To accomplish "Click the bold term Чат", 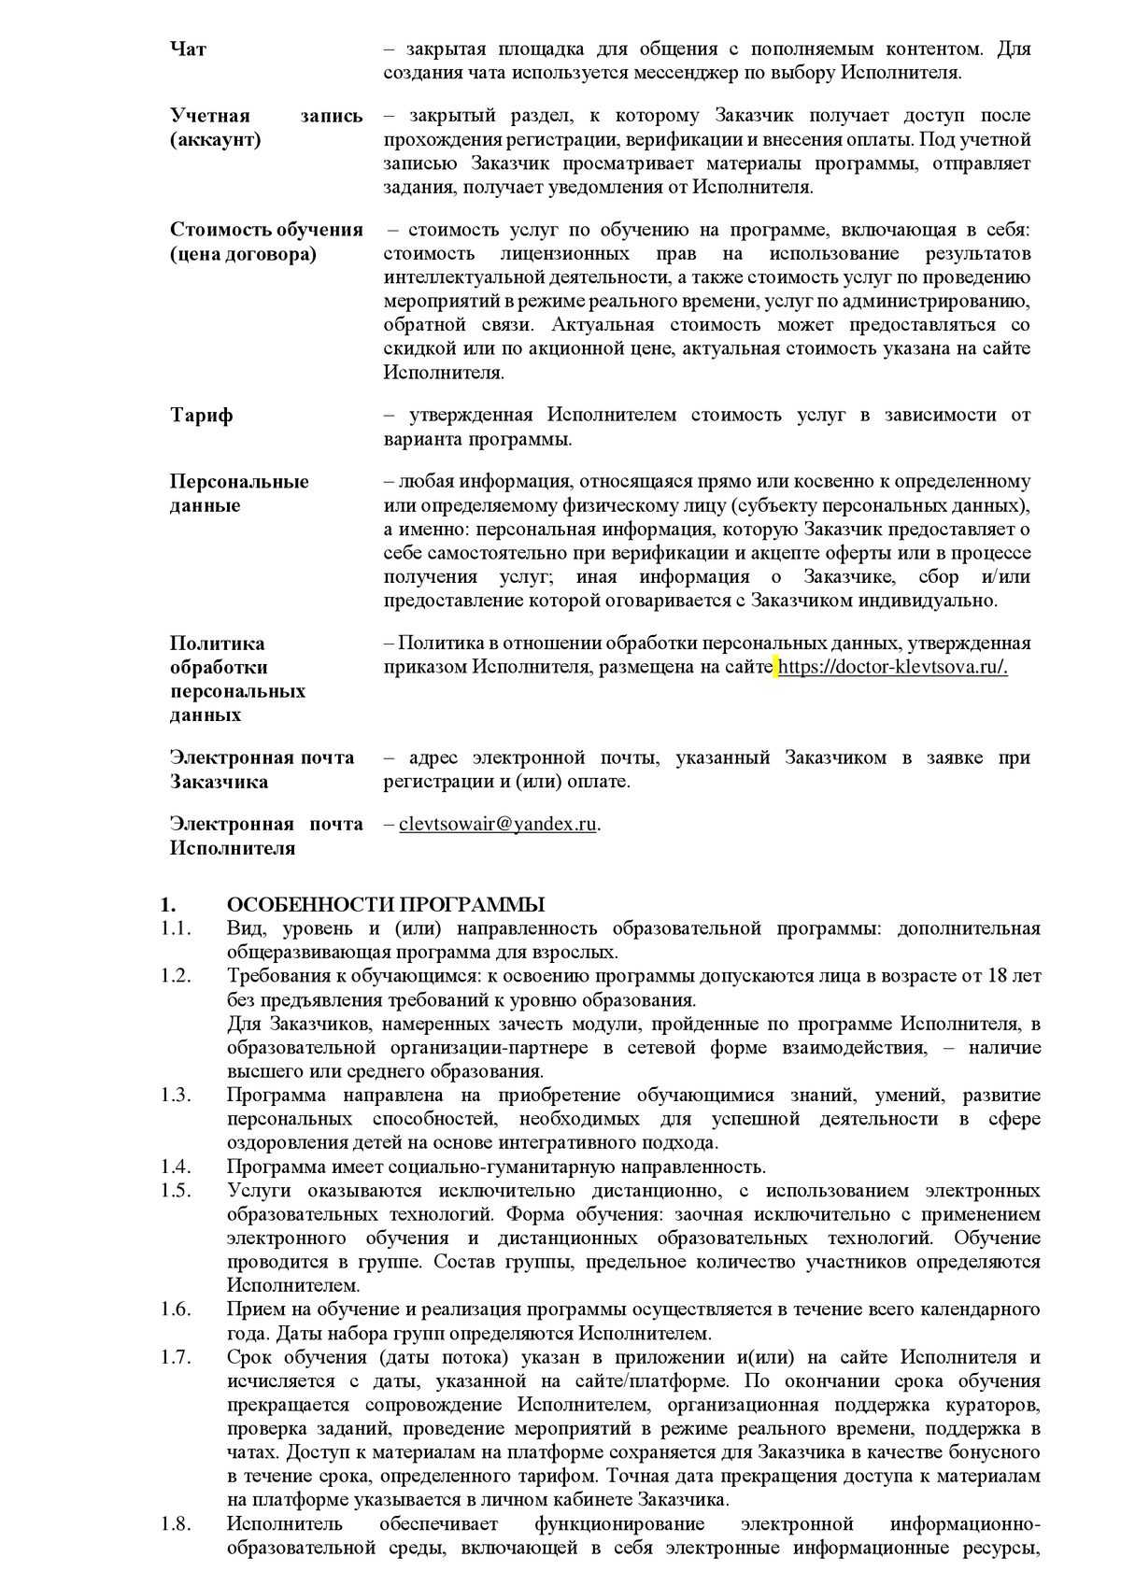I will pos(188,50).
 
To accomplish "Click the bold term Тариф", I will pos(201,416).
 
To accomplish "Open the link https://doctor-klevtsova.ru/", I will pos(893,668).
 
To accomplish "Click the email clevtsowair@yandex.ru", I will pos(497,825).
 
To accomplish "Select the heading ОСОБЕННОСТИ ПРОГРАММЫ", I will pos(386,905).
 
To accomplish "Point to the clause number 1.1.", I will pos(175,929).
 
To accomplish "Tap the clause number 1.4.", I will pos(175,1167).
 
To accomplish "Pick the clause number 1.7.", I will pos(175,1357).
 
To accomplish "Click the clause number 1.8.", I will pos(175,1524).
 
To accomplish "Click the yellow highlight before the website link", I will pos(775,668).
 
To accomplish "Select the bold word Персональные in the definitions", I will pos(239,482).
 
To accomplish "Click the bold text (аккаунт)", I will pos(215,140).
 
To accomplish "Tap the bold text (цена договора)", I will pos(243,254).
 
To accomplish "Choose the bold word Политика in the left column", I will pos(217,644).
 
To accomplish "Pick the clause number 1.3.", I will pos(175,1096).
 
